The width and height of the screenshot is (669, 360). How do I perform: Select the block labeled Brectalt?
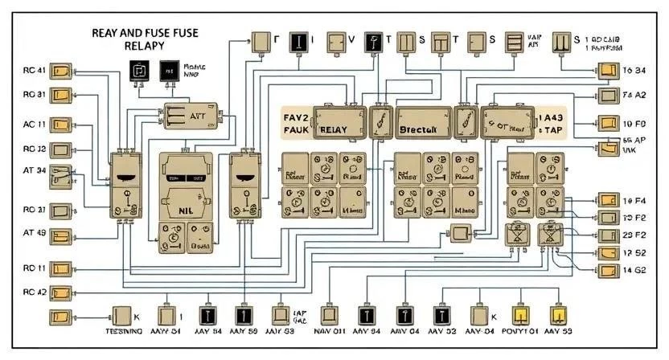coord(417,129)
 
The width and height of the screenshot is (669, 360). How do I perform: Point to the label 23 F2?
coord(634,235)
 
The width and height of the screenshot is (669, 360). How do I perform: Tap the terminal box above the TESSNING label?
coord(123,315)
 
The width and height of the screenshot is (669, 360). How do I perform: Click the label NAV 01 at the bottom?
coord(330,331)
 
